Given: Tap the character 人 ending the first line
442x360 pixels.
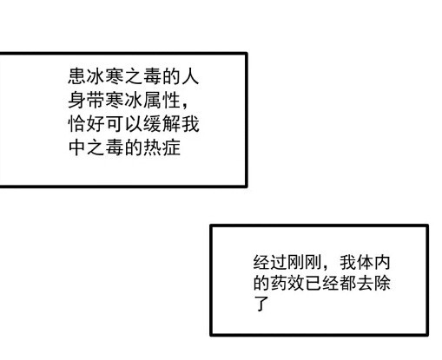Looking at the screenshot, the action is click(190, 76).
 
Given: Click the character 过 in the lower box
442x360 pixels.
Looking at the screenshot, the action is click(279, 262).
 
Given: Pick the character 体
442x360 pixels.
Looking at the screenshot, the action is click(365, 262).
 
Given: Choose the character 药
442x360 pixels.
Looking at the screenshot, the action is click(279, 283).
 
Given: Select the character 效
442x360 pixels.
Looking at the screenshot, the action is click(296, 283).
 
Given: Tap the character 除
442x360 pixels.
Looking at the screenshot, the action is click(382, 283).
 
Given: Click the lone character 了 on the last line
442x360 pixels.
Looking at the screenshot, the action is click(261, 304).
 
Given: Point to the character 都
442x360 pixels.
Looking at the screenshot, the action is click(347, 283).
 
